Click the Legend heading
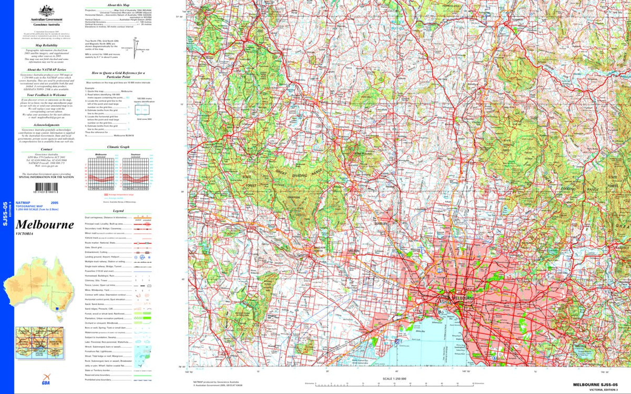114,210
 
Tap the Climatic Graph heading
114,147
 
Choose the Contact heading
44,149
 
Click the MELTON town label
354,251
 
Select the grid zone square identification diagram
142,110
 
